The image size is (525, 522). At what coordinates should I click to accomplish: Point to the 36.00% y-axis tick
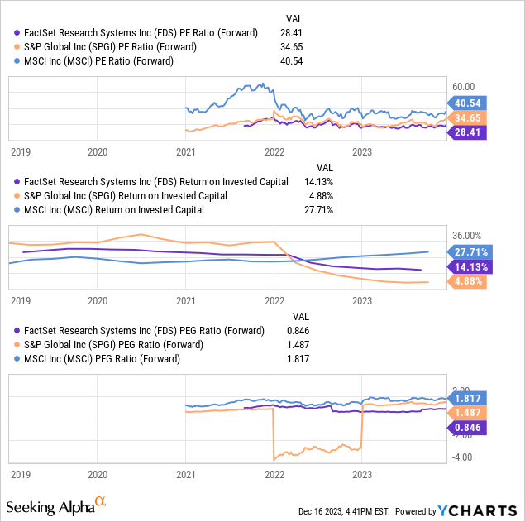coord(470,235)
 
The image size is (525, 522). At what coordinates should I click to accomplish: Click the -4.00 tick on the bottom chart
coord(465,457)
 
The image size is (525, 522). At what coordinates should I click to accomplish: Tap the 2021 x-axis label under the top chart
coord(186,152)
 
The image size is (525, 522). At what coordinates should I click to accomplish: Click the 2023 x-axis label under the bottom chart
coord(362,476)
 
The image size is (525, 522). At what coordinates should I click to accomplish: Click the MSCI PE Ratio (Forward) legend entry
coord(103,60)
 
